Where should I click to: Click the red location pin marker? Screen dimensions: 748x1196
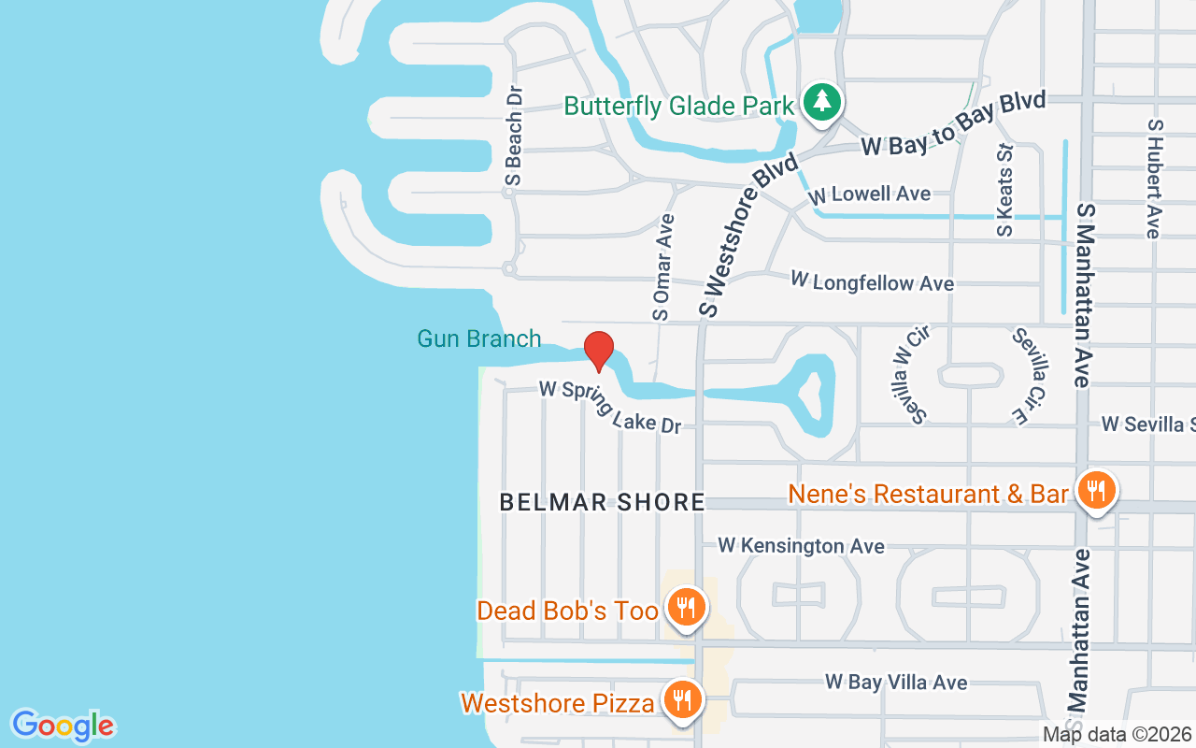pos(598,351)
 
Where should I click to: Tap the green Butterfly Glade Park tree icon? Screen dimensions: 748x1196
pos(821,101)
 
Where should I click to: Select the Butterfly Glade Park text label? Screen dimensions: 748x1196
pos(679,106)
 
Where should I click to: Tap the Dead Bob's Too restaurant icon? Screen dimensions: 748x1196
pos(686,608)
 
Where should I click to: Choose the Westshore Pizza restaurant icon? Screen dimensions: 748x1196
pos(682,698)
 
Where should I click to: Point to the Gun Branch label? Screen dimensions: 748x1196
pos(478,338)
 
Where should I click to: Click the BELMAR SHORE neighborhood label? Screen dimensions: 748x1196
pos(602,502)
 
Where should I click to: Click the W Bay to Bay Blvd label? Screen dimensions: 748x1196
pos(952,123)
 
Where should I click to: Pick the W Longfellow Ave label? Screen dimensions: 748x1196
pos(872,281)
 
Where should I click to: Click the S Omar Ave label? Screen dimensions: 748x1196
pos(663,267)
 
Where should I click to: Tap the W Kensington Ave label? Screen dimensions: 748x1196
pos(801,545)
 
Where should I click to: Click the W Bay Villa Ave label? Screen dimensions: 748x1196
pos(895,683)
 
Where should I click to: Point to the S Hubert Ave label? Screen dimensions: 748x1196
pos(1155,178)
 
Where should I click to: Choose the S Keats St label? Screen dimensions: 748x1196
pos(1004,190)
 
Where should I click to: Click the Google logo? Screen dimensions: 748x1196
pos(63,726)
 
